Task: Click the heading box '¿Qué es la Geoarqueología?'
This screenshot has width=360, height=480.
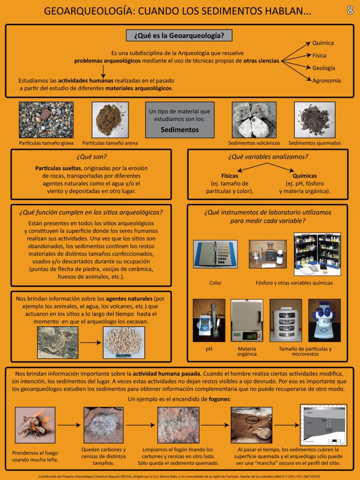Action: pos(179,35)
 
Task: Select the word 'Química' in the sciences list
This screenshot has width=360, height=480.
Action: pos(323,43)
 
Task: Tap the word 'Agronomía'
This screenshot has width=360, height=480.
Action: pos(326,80)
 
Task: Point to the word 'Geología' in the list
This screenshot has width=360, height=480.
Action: pos(323,68)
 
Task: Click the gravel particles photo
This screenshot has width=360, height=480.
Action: pos(46,120)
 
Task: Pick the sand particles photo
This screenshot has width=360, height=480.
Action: pos(110,120)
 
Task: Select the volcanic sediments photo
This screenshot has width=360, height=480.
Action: pos(254,120)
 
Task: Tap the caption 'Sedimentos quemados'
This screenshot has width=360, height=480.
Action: pos(315,143)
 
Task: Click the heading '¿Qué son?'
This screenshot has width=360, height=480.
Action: pos(91,157)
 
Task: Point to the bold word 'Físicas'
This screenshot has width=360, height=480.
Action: pos(230,176)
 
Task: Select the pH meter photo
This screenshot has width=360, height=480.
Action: pos(209,320)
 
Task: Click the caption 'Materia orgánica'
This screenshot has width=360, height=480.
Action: pos(247,352)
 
